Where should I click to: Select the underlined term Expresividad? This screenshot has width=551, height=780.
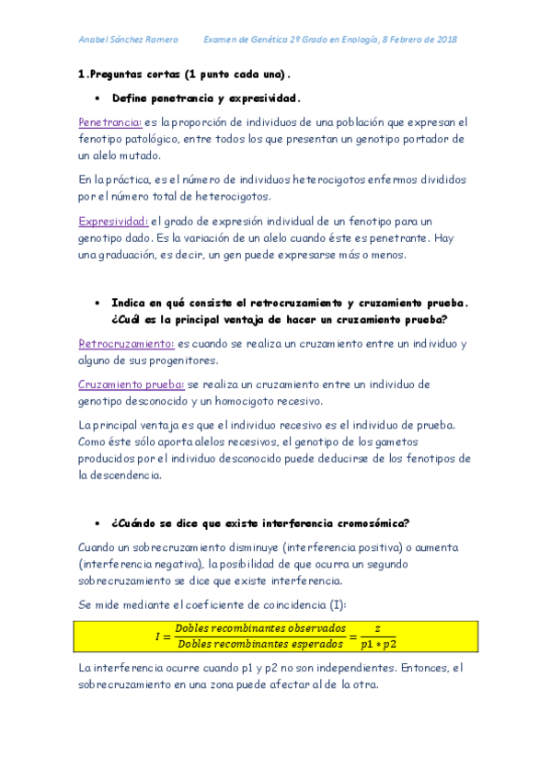coord(113,222)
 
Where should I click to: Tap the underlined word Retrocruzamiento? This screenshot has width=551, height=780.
coord(126,344)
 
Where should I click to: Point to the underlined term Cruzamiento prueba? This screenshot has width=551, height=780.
coord(132,384)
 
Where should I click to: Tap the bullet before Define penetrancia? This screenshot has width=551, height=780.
coord(98,97)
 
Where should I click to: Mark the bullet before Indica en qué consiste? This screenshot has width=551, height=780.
coord(98,303)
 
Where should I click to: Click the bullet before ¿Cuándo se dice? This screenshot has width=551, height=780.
coord(98,523)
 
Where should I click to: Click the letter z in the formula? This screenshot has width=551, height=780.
coord(377,627)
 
